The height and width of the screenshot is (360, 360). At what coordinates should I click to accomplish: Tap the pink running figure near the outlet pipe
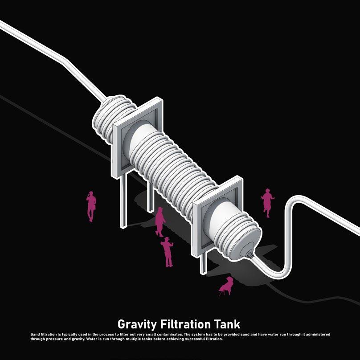267,201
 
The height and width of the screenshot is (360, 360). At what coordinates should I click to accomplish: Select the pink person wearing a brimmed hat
167,252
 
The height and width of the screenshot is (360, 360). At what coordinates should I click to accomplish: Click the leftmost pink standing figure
91,206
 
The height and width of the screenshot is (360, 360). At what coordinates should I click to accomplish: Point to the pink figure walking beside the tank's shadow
159,221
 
